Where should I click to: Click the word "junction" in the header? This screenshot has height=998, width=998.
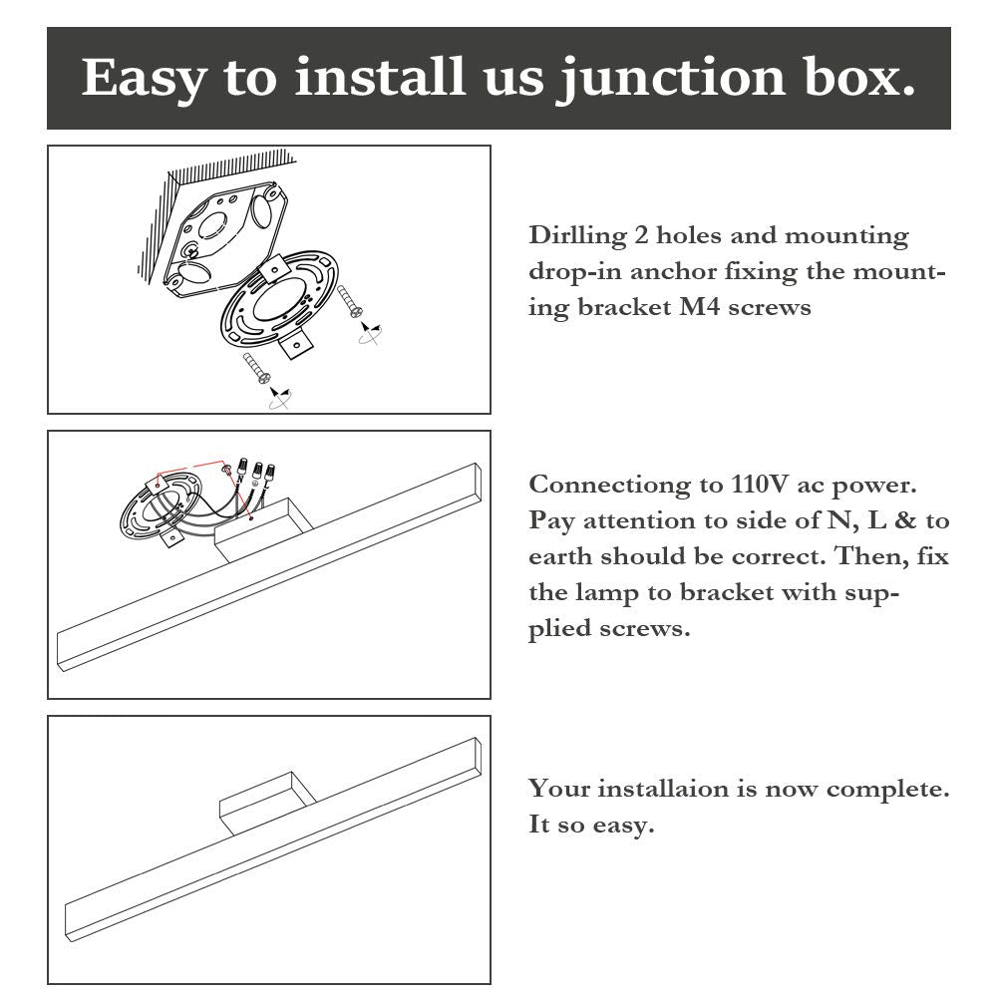point(672,78)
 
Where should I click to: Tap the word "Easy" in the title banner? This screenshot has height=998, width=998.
point(144,79)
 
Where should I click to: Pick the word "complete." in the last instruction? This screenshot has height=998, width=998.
point(888,790)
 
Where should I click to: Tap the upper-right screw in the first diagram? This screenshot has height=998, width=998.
point(349,301)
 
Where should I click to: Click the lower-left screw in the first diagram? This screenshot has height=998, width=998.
point(256,369)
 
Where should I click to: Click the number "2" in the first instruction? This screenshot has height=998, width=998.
point(641,235)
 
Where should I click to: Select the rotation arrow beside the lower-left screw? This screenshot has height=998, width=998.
point(279,398)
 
